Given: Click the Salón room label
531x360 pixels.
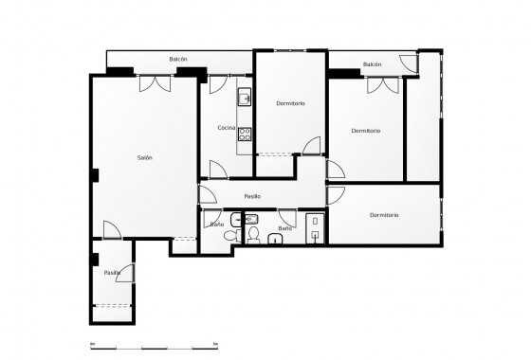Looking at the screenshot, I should (144, 157).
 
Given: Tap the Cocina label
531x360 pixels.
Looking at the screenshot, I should (226, 127).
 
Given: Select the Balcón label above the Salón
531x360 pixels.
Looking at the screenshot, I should (178, 59).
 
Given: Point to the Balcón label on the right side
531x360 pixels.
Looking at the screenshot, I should (372, 64).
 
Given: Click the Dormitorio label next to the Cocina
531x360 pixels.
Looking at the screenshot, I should (290, 102).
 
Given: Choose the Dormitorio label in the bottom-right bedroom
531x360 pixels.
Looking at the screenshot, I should (384, 215).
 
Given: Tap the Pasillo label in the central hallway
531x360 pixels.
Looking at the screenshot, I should (252, 196).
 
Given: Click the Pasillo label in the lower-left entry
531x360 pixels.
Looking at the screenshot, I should (112, 273).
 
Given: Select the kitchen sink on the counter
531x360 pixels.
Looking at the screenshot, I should (245, 97).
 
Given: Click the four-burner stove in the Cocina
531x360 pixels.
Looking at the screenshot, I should (245, 132).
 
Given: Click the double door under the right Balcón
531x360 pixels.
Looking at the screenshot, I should (382, 84).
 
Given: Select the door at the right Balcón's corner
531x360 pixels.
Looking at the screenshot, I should (409, 63).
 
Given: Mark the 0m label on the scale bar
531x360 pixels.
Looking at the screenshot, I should (91, 342).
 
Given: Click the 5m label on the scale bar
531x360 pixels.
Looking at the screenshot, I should (217, 342).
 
